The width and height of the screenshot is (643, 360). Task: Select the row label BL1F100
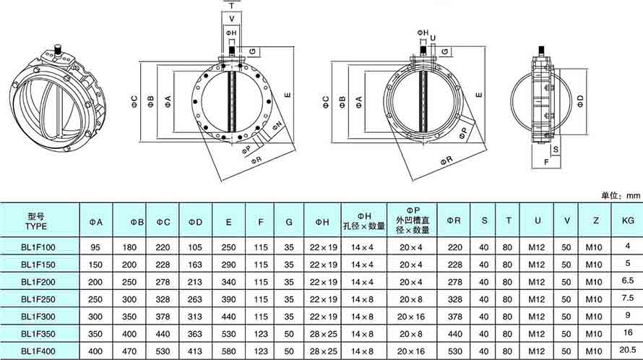(x=38, y=247)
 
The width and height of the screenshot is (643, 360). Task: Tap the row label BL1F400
(x=38, y=351)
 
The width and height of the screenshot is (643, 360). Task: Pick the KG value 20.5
(x=628, y=350)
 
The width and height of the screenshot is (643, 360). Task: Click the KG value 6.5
(x=628, y=280)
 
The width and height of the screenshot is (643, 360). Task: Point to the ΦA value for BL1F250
(x=95, y=300)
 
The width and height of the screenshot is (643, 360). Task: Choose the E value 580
(x=228, y=351)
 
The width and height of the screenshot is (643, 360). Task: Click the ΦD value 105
(x=195, y=247)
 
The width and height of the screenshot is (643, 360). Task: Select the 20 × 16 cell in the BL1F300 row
(x=412, y=317)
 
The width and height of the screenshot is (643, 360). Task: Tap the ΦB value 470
(x=129, y=351)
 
